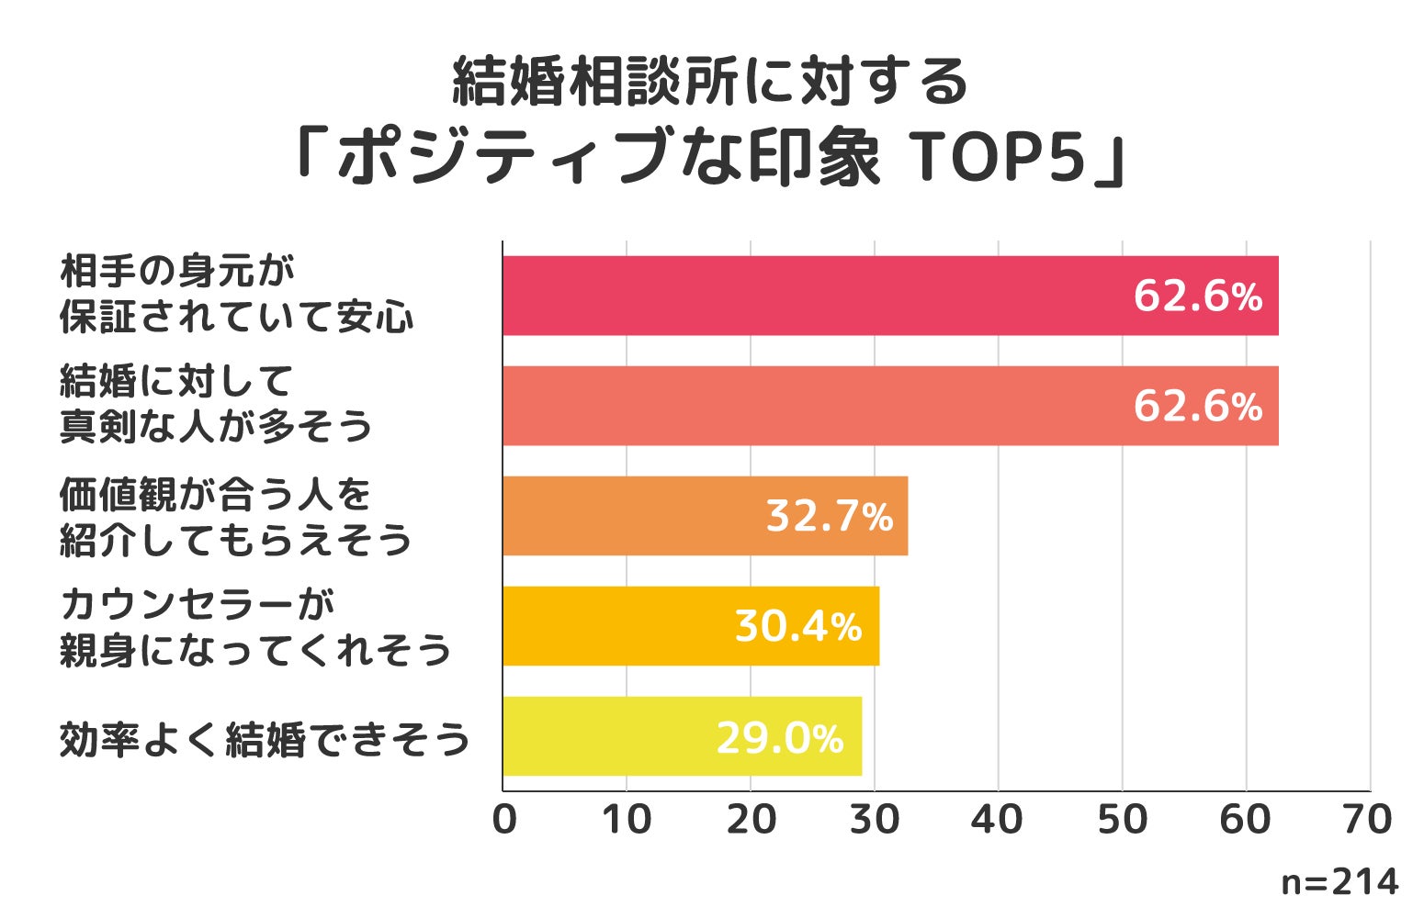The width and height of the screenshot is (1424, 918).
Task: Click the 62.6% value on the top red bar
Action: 1197,296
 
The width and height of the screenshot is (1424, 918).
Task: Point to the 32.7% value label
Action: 829,516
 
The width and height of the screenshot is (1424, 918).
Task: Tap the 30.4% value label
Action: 797,626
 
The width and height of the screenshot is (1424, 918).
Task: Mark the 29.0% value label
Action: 779,737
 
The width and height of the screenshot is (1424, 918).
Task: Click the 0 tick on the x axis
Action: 503,820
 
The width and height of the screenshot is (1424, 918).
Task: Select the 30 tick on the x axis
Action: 875,820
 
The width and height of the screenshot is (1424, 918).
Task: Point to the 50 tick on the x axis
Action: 1122,820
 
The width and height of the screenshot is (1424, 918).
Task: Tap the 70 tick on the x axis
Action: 1369,820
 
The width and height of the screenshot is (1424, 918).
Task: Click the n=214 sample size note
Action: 1339,882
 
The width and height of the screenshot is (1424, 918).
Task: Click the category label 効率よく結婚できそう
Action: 265,739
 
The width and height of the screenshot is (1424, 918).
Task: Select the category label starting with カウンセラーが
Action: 255,627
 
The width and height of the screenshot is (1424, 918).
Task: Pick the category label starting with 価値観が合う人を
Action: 235,517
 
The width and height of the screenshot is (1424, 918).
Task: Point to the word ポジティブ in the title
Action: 501,158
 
